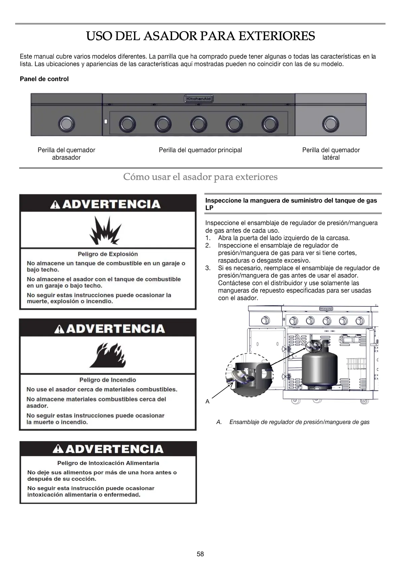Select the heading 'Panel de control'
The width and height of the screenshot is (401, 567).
pos(44,79)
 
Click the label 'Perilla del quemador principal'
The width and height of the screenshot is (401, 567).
pos(200,150)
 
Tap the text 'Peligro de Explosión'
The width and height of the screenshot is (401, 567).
pos(108,254)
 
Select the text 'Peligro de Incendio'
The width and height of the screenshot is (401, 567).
pos(108,380)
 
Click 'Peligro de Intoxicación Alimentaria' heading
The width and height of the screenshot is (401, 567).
pos(108,463)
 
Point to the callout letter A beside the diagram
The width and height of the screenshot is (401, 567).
pos(207,401)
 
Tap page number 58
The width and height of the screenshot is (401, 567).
pos(200,554)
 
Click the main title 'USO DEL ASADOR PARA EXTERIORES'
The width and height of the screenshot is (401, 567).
pos(200,36)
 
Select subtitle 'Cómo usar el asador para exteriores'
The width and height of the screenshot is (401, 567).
pos(200,176)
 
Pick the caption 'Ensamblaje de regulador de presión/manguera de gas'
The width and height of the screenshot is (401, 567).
pos(299,422)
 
